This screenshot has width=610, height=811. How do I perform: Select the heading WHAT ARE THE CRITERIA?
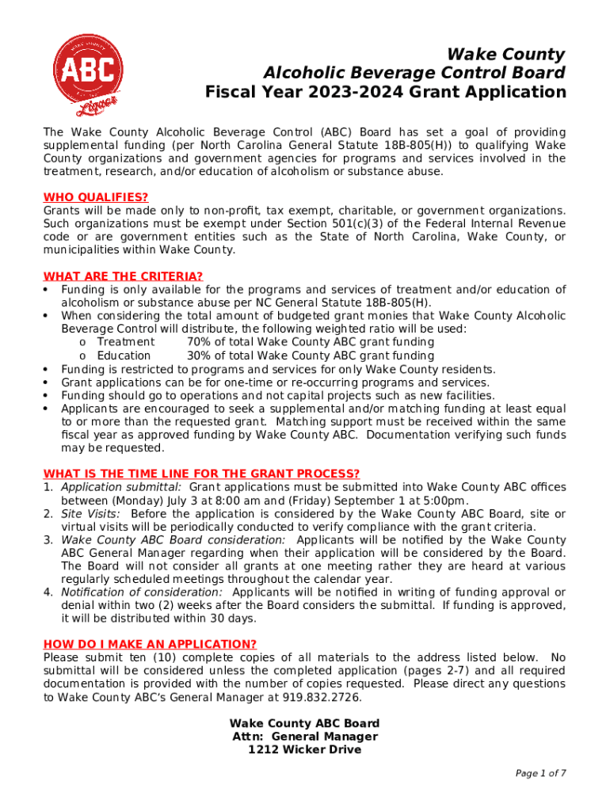[123, 276]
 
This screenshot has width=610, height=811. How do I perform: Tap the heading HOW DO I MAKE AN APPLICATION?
[150, 644]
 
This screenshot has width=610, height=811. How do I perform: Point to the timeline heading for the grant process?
[201, 474]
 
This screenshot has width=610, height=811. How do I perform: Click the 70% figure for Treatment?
[199, 342]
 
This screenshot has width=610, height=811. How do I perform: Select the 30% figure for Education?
[199, 356]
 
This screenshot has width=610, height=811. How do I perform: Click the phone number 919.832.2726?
[326, 697]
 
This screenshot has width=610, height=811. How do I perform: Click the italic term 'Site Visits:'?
[91, 513]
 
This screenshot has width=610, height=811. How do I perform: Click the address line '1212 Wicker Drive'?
[305, 749]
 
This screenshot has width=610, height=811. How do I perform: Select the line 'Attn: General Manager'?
[305, 737]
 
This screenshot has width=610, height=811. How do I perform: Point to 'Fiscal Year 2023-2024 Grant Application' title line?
[386, 92]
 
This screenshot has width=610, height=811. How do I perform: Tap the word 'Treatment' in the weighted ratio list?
[126, 342]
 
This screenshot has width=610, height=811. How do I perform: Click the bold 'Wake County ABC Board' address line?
[305, 723]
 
